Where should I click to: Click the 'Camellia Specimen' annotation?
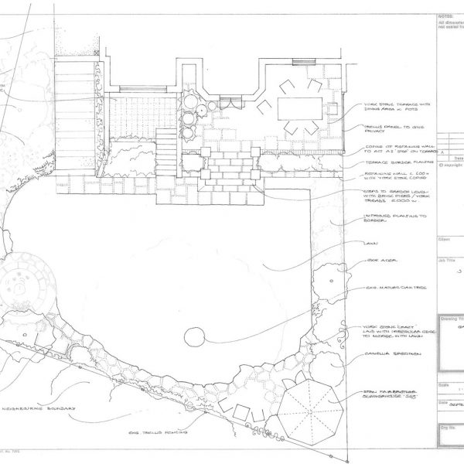click(x=389, y=356)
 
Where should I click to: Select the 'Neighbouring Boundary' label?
click(x=40, y=408)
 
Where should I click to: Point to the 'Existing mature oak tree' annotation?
click(x=394, y=288)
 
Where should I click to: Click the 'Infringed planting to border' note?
click(x=394, y=218)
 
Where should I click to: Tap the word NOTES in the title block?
click(x=446, y=15)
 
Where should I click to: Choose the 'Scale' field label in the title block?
click(x=443, y=384)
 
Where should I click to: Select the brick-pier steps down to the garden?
click(x=228, y=174)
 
